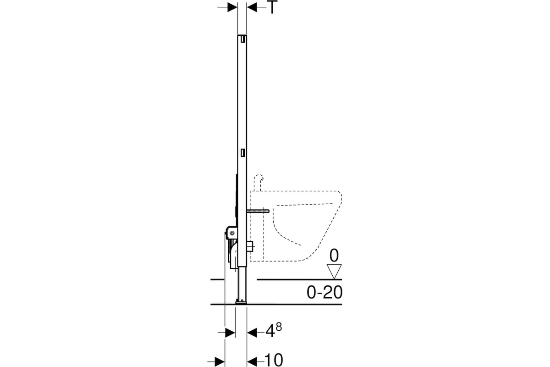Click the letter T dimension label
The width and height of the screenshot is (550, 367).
tap(272, 7)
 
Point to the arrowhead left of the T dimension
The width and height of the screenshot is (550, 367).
tap(232, 7)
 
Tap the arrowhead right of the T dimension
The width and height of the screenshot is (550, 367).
tap(252, 7)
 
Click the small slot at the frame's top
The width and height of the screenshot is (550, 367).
tap(243, 39)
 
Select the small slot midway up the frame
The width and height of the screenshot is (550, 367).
tap(243, 153)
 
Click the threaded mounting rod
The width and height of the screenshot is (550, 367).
tap(258, 211)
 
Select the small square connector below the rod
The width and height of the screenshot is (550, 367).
tap(250, 246)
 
